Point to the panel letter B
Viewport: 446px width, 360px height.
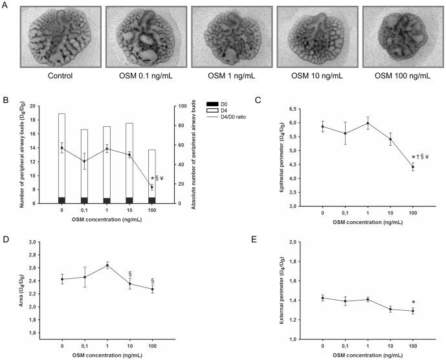click(x=5, y=100)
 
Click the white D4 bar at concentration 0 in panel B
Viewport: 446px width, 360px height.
click(x=61, y=155)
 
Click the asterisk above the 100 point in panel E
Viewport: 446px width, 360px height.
click(x=413, y=302)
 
